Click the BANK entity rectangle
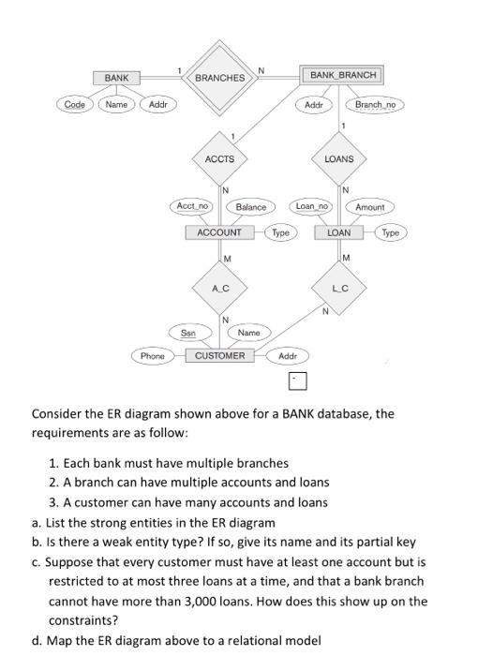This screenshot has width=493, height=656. (x=116, y=77)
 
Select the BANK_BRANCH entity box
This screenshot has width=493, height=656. (x=342, y=74)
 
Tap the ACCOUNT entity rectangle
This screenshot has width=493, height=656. (x=220, y=231)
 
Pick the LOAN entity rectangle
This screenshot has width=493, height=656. (x=339, y=231)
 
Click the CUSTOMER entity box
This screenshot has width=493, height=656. (x=220, y=356)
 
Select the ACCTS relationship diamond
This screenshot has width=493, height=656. (x=220, y=159)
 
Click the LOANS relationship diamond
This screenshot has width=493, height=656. (x=339, y=159)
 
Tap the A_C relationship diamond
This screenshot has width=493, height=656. (x=220, y=290)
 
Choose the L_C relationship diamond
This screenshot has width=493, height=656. (x=339, y=290)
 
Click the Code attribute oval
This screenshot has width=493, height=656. (x=74, y=104)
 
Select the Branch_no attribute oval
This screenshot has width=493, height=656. (x=376, y=105)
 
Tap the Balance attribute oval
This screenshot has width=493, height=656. (x=251, y=206)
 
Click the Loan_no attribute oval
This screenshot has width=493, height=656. (x=313, y=205)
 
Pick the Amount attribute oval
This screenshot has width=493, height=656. (x=370, y=206)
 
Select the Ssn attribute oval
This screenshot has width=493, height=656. (x=188, y=332)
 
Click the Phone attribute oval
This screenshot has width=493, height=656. (x=152, y=356)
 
